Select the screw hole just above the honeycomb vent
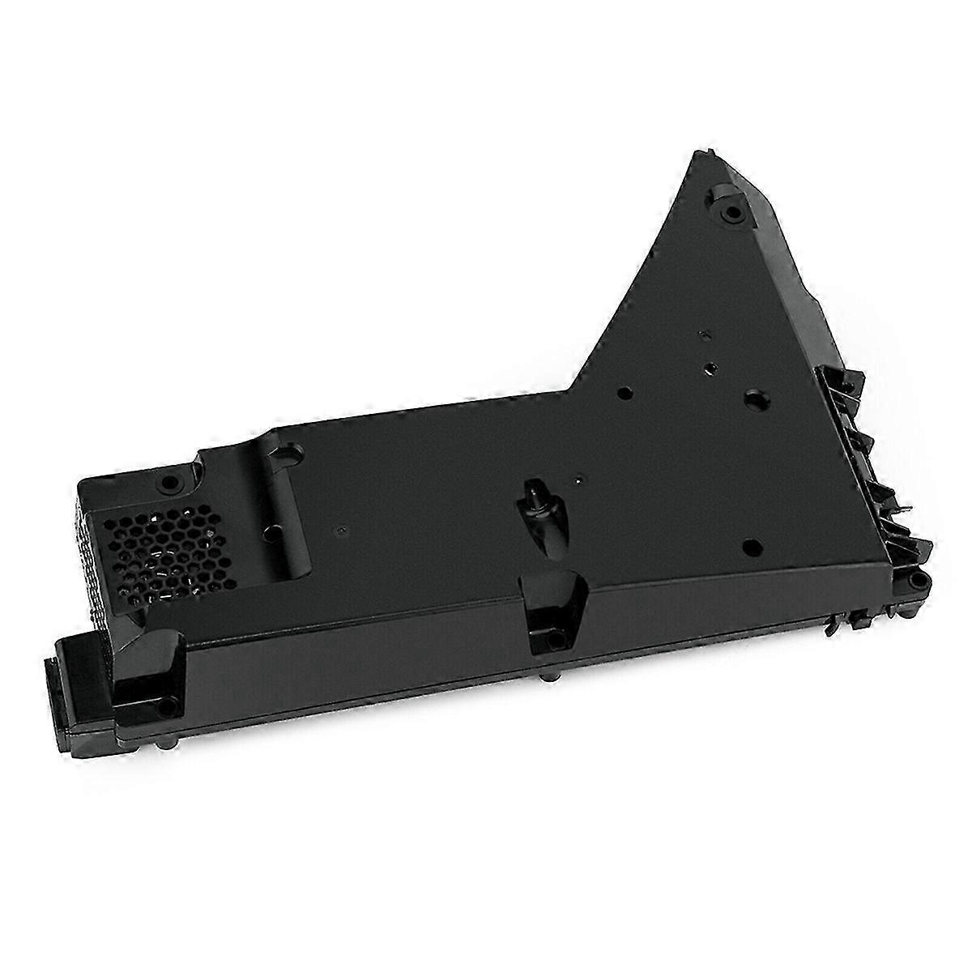(168, 483)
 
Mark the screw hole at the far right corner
(918, 582)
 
